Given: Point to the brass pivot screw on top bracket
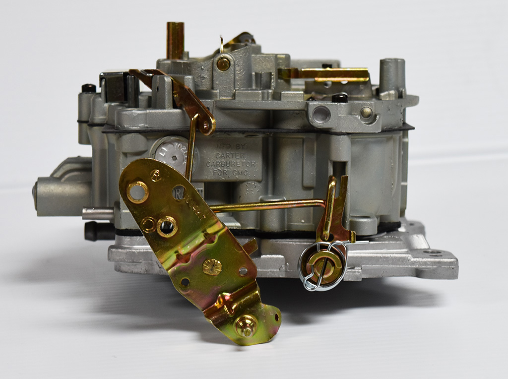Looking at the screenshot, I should point(223,63).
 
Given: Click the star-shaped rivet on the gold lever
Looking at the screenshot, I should point(212,267).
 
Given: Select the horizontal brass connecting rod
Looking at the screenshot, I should point(268,204).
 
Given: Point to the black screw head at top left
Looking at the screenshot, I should point(89,88).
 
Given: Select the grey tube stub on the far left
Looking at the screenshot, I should point(55,191).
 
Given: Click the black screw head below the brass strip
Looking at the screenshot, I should point(340,97).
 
